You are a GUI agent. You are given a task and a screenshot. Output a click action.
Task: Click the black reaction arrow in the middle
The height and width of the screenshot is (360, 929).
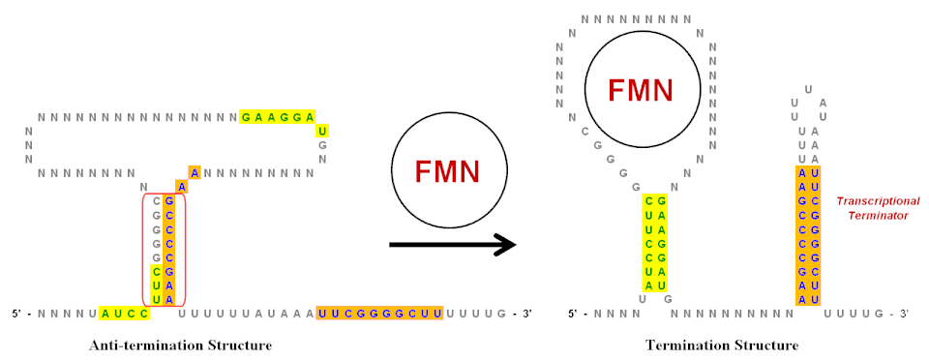click(452, 244)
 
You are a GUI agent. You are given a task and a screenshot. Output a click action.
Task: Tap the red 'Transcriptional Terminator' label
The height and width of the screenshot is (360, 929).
click(878, 209)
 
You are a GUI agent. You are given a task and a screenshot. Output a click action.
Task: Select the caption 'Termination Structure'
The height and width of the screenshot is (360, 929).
click(722, 345)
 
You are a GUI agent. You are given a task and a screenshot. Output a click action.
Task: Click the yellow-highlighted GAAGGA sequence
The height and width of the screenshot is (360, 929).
click(277, 117)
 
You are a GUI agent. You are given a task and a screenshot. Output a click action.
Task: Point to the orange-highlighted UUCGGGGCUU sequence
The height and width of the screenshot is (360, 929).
click(379, 314)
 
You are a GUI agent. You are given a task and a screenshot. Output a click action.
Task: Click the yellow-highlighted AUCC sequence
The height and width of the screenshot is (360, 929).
click(124, 314)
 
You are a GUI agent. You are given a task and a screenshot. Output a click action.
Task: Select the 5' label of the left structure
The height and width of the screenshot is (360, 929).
click(21, 314)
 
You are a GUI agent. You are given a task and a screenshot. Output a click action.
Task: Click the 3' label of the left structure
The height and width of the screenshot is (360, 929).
click(523, 314)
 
